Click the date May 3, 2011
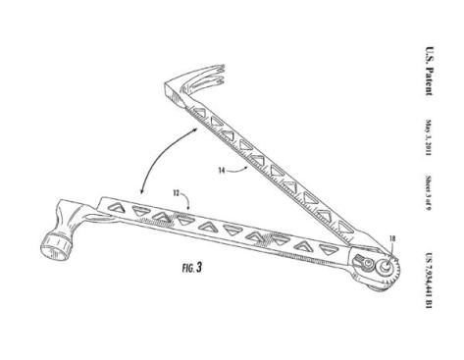[x=431, y=130]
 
